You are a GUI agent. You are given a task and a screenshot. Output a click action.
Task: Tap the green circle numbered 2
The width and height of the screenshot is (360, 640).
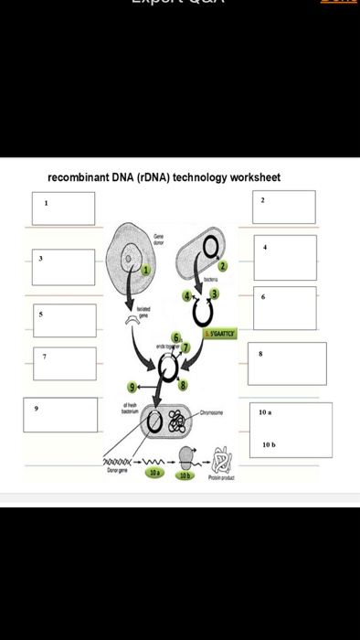pos(221,265)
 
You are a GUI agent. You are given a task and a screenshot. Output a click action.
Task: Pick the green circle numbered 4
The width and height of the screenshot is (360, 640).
pos(186,295)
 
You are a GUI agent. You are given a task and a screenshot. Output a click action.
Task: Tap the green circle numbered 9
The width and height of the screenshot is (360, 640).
pos(135,387)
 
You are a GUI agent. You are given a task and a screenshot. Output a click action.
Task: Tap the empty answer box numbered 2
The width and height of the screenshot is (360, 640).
pos(284,207)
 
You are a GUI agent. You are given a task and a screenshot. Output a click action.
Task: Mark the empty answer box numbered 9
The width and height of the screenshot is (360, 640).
pos(60,414)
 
